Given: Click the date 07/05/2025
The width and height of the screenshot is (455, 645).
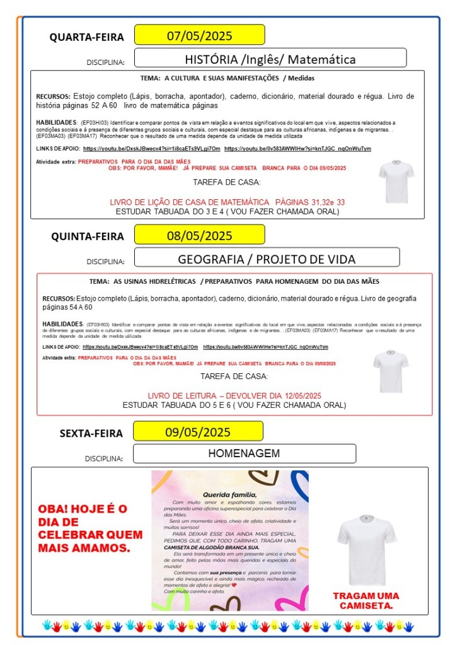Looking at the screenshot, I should [199, 35].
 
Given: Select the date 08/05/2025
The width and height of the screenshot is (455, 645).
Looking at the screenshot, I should [199, 236].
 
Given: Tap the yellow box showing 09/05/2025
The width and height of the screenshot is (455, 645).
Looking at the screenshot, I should [199, 432].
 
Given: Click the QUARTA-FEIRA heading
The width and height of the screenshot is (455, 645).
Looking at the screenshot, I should [87, 37].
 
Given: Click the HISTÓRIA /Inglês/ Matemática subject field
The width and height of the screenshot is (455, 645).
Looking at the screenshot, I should [270, 59].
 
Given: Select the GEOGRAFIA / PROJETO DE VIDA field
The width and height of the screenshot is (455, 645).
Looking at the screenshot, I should [267, 259].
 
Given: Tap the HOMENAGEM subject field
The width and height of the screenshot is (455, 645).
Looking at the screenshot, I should [244, 453].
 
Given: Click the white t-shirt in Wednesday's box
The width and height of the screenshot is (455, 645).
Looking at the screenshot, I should [396, 181].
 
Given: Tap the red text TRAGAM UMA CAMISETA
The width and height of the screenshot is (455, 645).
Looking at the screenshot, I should [366, 600].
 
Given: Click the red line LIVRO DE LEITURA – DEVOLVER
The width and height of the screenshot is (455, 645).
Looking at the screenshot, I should [234, 395].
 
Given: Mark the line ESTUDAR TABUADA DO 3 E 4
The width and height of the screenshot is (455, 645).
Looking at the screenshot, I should [227, 211].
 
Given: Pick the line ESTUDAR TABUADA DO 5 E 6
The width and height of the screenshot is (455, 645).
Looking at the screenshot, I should [234, 405].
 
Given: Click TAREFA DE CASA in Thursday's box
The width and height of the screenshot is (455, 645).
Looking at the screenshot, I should [234, 376].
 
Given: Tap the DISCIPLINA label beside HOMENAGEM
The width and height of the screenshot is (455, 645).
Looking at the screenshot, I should [104, 458].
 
